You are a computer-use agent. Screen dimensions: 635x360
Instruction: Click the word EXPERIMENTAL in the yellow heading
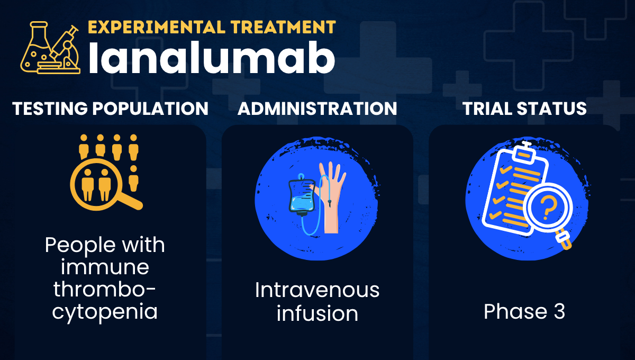tap(157, 27)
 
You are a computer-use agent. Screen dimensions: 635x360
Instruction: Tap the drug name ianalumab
tap(212, 58)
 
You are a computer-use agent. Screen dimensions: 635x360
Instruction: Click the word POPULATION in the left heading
tap(150, 109)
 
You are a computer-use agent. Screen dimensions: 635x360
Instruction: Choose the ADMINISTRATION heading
tap(317, 109)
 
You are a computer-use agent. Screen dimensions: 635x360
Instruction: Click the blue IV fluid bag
tap(302, 195)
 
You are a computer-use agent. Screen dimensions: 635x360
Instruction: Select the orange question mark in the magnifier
tap(548, 208)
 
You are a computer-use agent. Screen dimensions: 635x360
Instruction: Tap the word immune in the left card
tap(105, 267)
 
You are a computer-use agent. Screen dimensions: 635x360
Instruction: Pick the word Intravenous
tap(317, 290)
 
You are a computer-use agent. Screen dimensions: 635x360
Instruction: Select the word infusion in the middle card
tap(317, 313)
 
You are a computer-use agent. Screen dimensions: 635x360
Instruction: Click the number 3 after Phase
tap(560, 311)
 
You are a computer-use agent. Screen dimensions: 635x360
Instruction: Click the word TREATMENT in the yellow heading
tap(283, 27)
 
